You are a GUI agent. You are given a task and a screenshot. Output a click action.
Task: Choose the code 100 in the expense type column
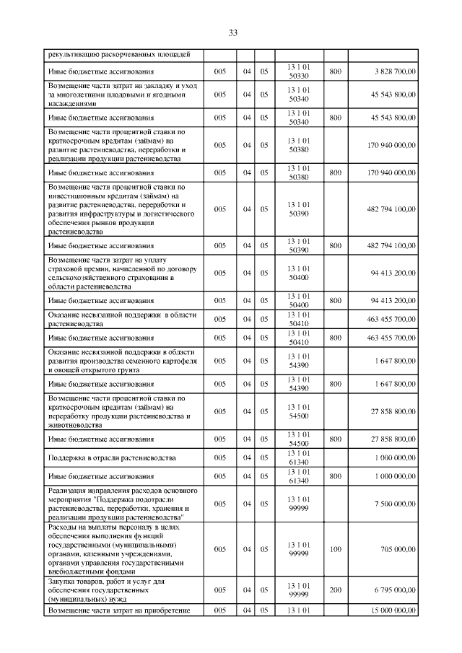(x=335, y=549)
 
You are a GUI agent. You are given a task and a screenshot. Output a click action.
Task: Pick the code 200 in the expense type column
(x=335, y=590)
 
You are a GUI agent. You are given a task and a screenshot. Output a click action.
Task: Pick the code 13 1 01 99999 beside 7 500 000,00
(x=298, y=504)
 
